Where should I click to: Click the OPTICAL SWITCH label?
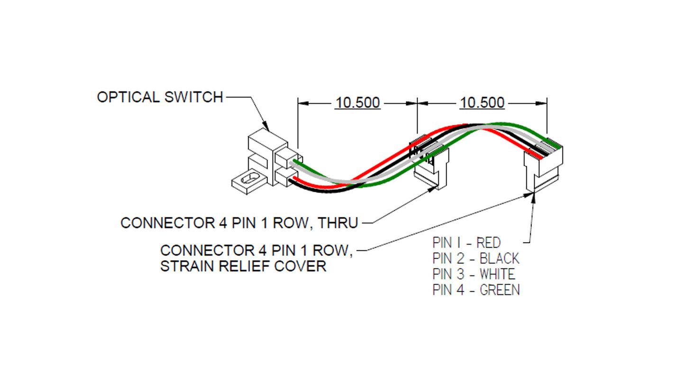(160, 97)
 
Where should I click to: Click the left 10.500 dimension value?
(357, 103)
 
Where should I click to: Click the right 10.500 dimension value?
(482, 103)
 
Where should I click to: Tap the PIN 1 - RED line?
(466, 243)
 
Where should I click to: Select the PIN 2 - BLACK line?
(475, 258)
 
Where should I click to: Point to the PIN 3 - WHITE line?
(473, 274)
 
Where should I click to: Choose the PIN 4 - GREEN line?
(475, 290)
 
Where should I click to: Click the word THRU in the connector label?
(338, 223)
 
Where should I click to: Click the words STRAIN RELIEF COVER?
(243, 266)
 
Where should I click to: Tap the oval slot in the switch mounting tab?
(247, 180)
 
